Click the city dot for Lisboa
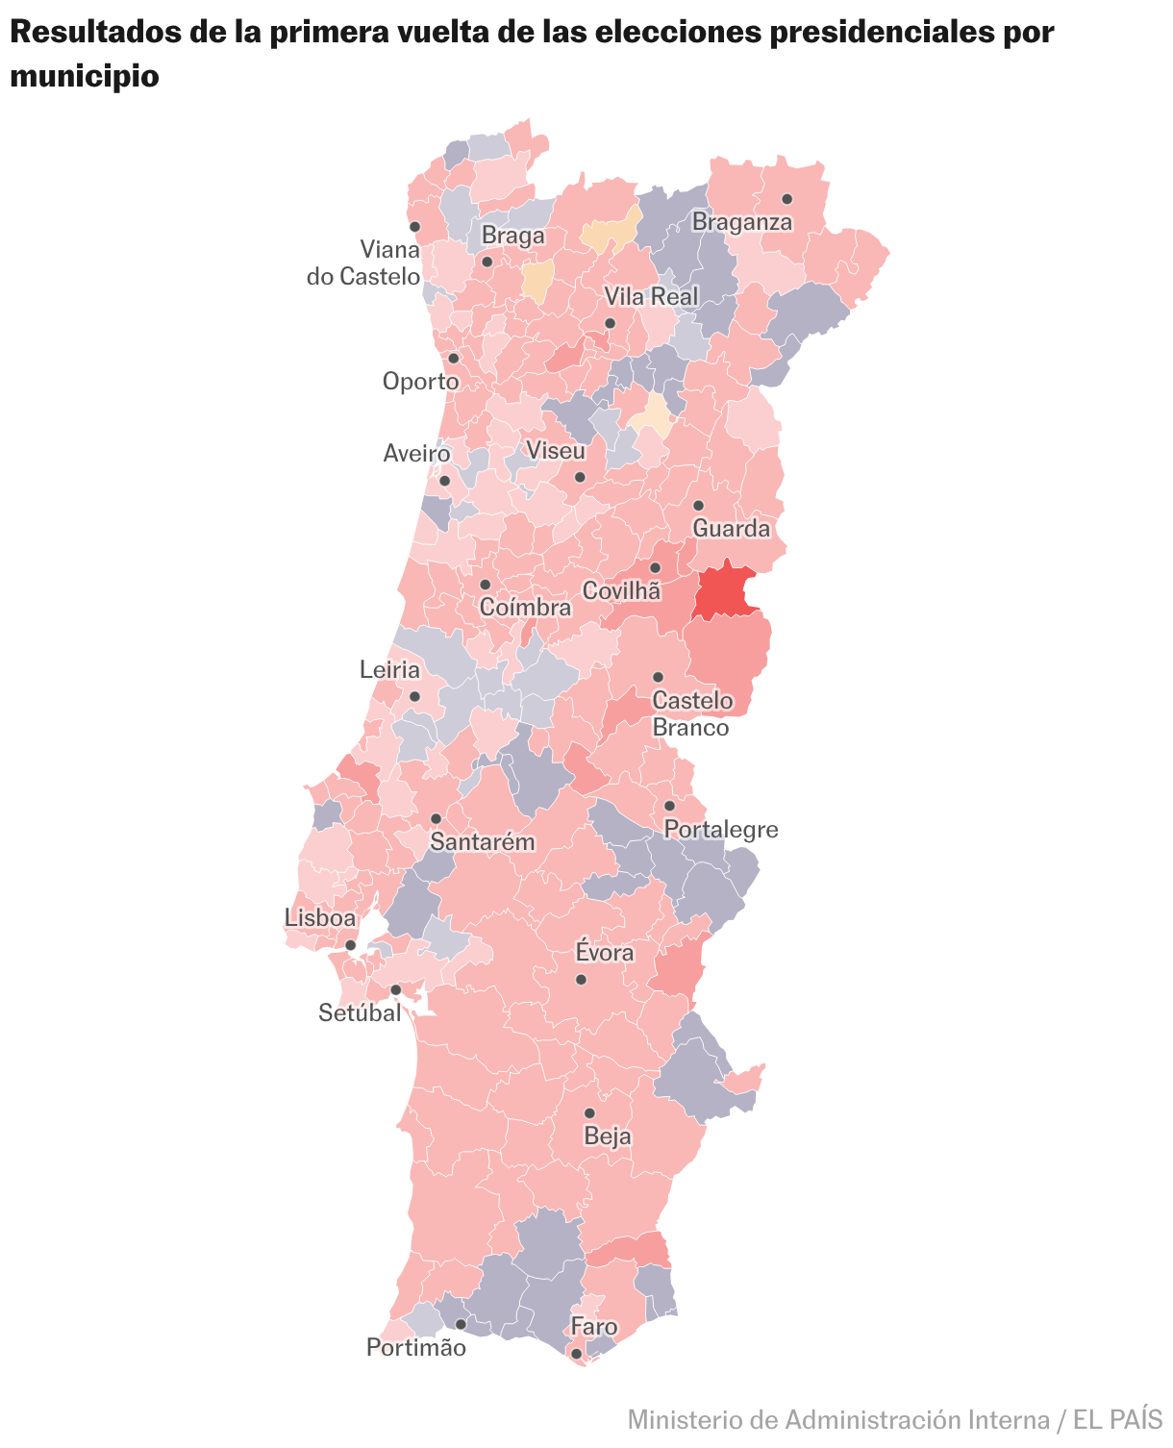pos(351,945)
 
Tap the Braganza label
pos(742,223)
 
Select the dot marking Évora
pos(581,980)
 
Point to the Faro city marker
pos(576,1354)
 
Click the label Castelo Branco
pos(691,714)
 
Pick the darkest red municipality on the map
pos(723,590)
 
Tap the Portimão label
pos(415,1348)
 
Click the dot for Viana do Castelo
pos(414,227)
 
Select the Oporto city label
pos(420,382)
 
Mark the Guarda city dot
pos(698,506)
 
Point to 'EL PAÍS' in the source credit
pos(1118,1419)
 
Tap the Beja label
pos(608,1136)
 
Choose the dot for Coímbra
pos(485,585)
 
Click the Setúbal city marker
pos(395,989)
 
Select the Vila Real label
pos(651,296)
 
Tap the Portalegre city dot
pos(669,806)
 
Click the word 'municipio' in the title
pos(84,76)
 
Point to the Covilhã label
pos(622,591)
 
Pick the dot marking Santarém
pos(436,818)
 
